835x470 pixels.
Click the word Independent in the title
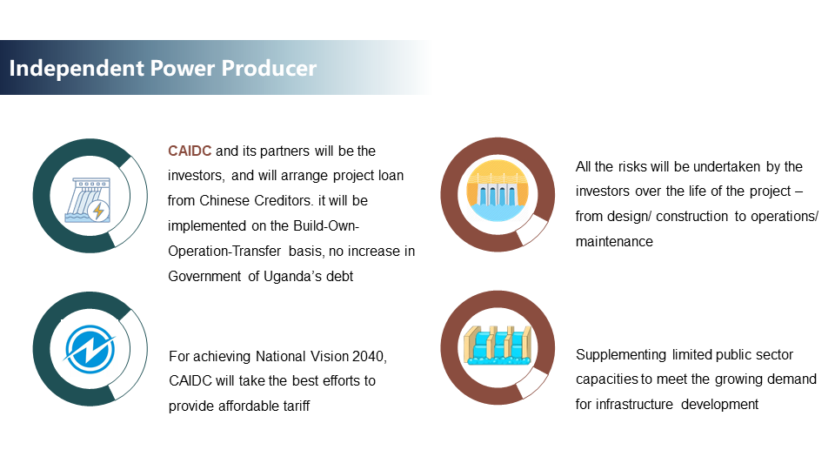coord(77,69)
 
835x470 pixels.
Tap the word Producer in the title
coord(269,68)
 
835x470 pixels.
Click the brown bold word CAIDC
coord(190,151)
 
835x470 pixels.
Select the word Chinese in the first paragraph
coord(224,201)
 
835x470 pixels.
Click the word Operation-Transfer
coord(224,252)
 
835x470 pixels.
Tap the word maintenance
coord(614,242)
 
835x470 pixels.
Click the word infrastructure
coord(634,405)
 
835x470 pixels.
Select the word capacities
coord(607,379)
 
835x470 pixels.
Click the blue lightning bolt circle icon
coord(90,349)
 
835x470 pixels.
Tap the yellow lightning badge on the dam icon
coord(98,211)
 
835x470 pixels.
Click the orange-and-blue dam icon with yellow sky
coord(498,191)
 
